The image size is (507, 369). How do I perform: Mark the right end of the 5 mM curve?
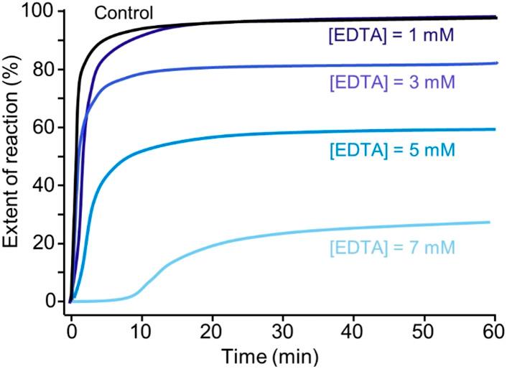[495, 129]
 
